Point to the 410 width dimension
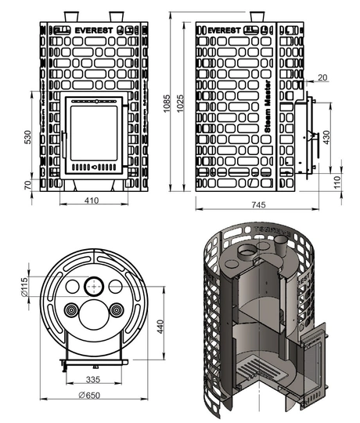(93, 201)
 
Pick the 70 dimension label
(28, 185)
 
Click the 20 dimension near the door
(322, 78)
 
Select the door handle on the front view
(93, 167)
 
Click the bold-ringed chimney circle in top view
(93, 285)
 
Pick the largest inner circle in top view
(93, 310)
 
